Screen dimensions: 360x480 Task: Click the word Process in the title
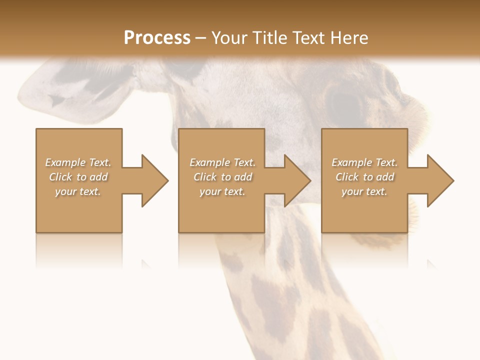pos(157,38)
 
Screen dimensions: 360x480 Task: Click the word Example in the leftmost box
pos(65,162)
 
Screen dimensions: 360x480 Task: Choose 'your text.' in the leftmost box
pos(78,191)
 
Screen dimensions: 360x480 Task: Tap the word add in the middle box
pos(243,177)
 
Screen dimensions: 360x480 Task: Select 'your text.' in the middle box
pos(222,191)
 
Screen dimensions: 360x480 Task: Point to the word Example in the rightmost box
pos(352,162)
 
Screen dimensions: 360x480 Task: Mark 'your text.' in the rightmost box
pos(364,191)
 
